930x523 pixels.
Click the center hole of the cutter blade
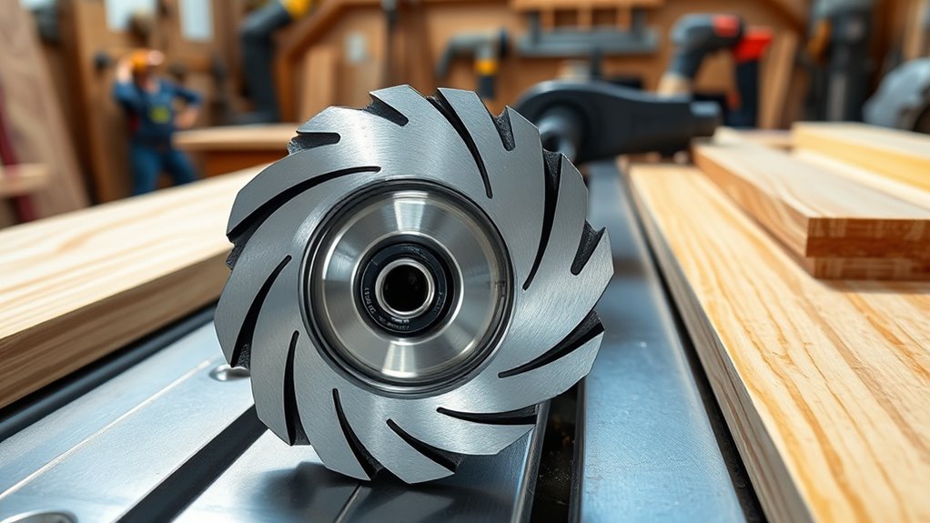coord(406,288)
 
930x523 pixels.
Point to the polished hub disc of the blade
coord(455,246)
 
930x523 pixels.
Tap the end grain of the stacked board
coord(864,241)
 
